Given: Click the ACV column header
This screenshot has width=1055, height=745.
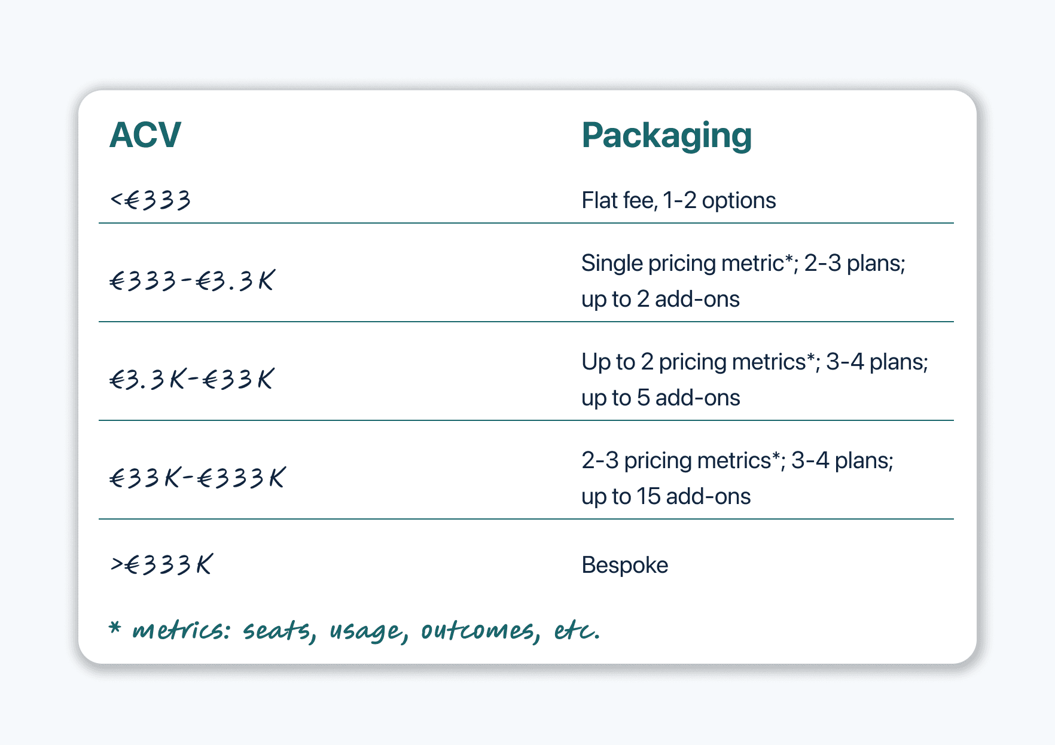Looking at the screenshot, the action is tap(145, 135).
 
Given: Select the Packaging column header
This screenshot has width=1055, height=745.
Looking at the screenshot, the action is tap(666, 136).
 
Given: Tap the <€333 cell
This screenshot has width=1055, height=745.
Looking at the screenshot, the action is tap(151, 200).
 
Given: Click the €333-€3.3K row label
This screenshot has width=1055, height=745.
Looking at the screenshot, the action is tap(192, 280).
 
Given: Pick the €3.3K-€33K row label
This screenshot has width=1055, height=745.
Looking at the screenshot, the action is tap(192, 379).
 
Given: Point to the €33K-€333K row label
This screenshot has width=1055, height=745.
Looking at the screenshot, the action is tap(197, 478).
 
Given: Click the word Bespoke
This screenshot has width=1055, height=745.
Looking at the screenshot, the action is tap(624, 565).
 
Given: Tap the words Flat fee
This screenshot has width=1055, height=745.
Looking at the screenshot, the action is tap(618, 200).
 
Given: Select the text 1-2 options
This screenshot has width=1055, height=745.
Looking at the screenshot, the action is tap(719, 200).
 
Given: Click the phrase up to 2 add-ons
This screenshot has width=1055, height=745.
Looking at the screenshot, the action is tap(660, 299).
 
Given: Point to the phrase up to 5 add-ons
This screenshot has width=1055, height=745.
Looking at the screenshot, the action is tap(660, 398).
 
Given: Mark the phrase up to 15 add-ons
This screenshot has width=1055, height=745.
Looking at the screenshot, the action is tap(666, 496).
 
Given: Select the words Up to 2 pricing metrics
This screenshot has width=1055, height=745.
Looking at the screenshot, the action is tap(694, 362).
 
